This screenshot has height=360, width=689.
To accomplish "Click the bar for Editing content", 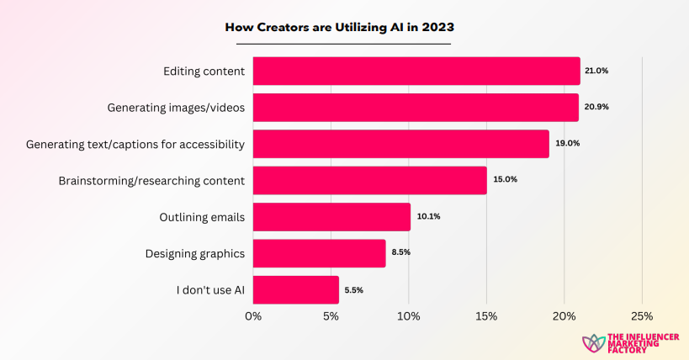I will click(x=416, y=71).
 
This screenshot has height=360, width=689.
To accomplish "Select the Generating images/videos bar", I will click(x=416, y=108).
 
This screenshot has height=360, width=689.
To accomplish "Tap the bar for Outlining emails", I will click(x=331, y=217).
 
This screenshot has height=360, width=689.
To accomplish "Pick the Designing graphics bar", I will click(x=319, y=253).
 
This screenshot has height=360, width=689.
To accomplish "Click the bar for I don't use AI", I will click(x=295, y=289).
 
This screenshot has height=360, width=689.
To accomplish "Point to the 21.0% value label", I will click(x=596, y=71).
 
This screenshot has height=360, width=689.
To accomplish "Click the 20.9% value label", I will click(x=596, y=108).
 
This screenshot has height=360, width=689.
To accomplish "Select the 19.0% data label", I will click(x=567, y=144).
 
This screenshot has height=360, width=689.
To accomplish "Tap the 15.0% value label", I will click(x=505, y=180).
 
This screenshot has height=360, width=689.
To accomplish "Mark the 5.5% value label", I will click(x=352, y=290).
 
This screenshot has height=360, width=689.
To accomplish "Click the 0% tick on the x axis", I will click(x=253, y=316).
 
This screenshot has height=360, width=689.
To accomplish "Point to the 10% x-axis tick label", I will click(x=409, y=316).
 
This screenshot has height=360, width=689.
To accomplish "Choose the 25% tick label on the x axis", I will click(x=642, y=316).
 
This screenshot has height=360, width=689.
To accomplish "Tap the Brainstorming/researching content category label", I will click(x=151, y=180).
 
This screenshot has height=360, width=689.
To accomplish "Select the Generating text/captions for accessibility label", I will click(x=135, y=144).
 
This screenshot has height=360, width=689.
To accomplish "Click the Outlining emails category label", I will click(x=202, y=217).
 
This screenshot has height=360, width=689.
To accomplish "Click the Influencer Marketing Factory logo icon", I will click(x=593, y=342).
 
